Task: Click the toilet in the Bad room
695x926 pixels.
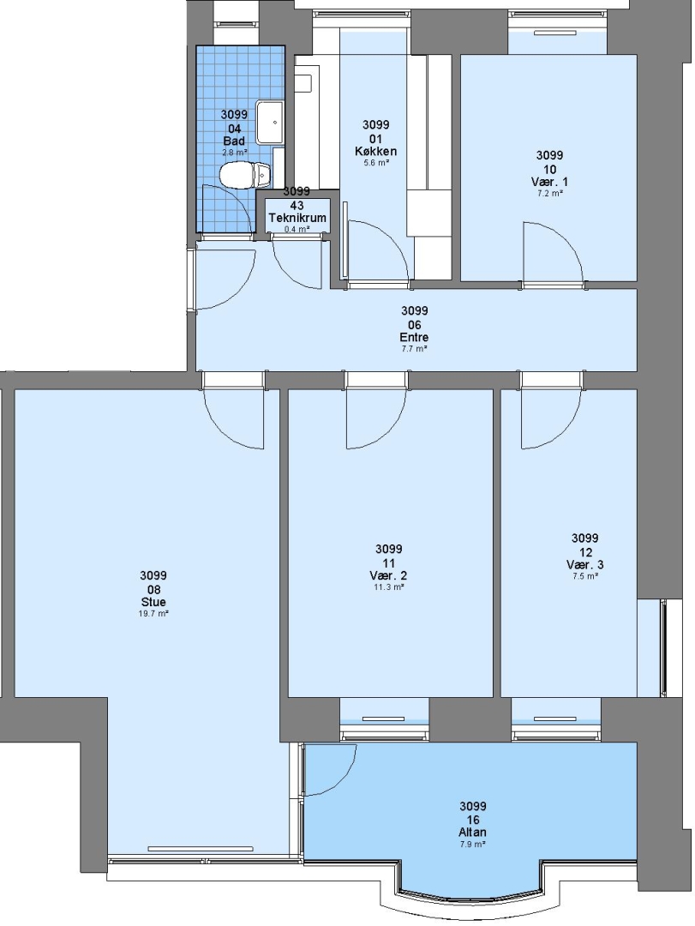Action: click(245, 176)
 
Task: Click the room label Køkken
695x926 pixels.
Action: click(375, 151)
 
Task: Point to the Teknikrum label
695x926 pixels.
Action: click(297, 218)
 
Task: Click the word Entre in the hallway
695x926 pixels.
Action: click(414, 337)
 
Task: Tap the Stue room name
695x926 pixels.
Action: click(153, 603)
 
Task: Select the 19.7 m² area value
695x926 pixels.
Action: click(153, 614)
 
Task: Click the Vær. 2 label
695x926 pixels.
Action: click(388, 576)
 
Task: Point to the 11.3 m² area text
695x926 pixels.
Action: click(388, 587)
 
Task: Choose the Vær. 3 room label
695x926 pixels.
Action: click(584, 564)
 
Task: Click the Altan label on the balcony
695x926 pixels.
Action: click(472, 833)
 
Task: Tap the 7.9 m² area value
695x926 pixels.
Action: click(472, 845)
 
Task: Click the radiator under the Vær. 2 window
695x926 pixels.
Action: click(384, 719)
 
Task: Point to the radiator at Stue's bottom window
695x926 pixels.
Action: click(201, 849)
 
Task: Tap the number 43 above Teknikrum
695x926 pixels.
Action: click(297, 206)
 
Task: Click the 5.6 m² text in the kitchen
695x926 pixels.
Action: click(375, 162)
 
